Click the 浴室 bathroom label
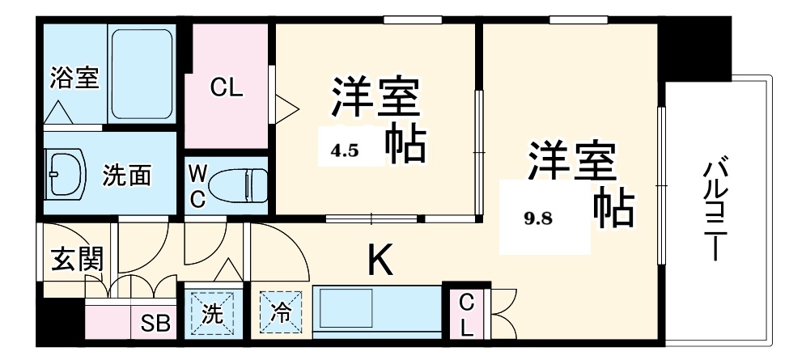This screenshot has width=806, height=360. coord(74,78)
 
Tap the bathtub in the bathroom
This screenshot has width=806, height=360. coord(142,74)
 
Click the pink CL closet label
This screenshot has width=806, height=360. coord(227,88)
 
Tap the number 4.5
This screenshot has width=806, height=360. coord(344,150)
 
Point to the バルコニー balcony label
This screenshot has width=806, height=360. coord(712,211)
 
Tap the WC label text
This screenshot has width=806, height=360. coord(197,186)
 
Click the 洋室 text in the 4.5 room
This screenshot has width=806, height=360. coord(373,98)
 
